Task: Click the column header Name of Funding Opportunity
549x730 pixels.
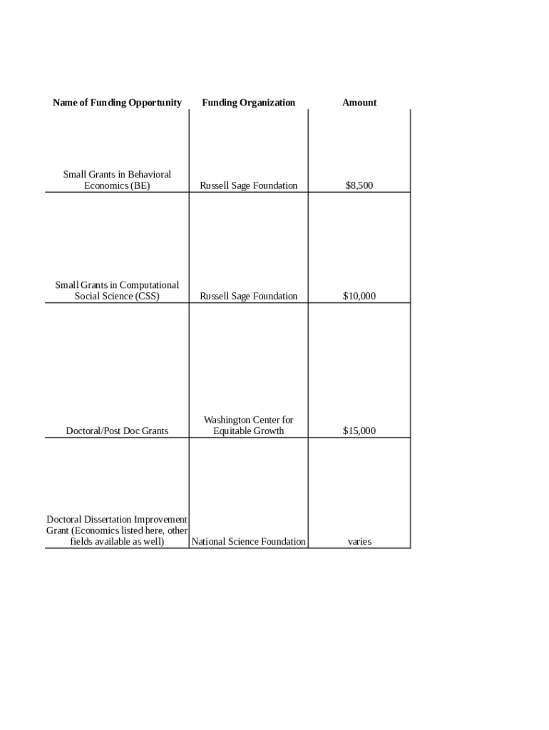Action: [x=117, y=103]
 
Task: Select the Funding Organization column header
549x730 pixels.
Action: [x=248, y=103]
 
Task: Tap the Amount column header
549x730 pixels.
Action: [x=359, y=103]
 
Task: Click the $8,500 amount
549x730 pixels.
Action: [x=359, y=186]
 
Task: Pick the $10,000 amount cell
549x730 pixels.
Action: [x=359, y=297]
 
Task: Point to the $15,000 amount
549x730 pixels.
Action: [x=359, y=431]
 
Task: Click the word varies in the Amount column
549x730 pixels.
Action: [x=359, y=542]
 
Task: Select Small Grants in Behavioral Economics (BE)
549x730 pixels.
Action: [x=117, y=180]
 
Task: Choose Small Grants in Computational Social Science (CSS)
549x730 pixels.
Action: [x=117, y=291]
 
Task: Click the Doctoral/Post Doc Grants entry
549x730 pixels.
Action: [x=117, y=431]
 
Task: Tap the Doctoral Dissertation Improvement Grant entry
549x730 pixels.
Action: [x=117, y=530]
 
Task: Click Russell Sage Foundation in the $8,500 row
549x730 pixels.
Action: [x=248, y=186]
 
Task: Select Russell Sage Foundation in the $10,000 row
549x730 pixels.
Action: [x=248, y=297]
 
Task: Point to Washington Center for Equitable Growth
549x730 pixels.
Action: [x=248, y=426]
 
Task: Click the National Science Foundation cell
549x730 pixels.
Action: [x=248, y=542]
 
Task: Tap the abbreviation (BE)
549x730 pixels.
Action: [x=140, y=186]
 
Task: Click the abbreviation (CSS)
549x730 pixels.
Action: [x=147, y=297]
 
